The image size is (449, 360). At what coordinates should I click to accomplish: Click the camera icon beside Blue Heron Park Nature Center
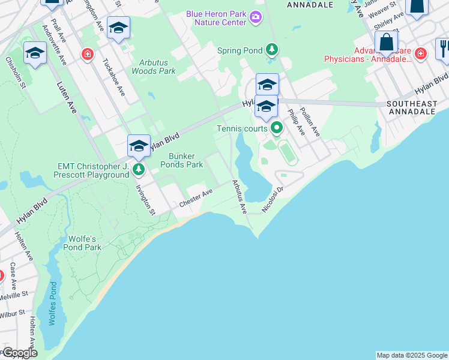pos(256,16)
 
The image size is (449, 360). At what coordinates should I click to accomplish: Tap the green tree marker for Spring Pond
pos(272,49)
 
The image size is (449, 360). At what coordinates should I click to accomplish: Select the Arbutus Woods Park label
pos(157,67)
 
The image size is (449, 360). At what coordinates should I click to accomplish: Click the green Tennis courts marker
pos(277,127)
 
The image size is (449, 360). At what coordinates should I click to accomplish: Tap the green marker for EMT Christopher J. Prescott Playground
pos(139,170)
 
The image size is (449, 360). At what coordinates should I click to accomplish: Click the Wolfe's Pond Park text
pos(84,242)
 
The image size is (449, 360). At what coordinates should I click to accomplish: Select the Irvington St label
pos(145,200)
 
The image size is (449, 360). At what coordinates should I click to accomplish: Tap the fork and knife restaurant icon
pos(443,47)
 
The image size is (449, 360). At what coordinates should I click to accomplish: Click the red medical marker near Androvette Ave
pos(88,55)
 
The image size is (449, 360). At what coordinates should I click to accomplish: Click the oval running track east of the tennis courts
pos(287,152)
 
